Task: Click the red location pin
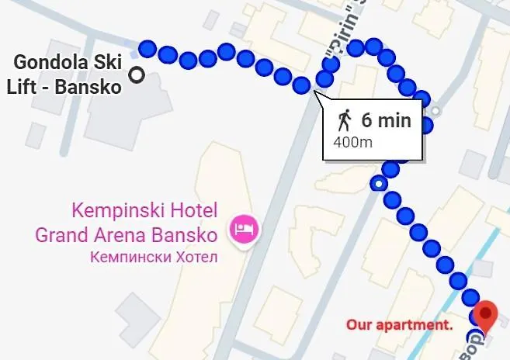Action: pyautogui.click(x=487, y=313)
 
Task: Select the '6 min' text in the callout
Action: pyautogui.click(x=386, y=121)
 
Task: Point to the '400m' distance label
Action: pyautogui.click(x=352, y=143)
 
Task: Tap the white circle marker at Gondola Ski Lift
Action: pyautogui.click(x=138, y=75)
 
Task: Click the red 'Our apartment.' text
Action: pyautogui.click(x=399, y=324)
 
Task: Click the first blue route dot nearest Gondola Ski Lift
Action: pyautogui.click(x=147, y=48)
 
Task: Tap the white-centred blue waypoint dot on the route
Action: pyautogui.click(x=378, y=184)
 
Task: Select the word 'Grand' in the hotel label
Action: pyautogui.click(x=61, y=234)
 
